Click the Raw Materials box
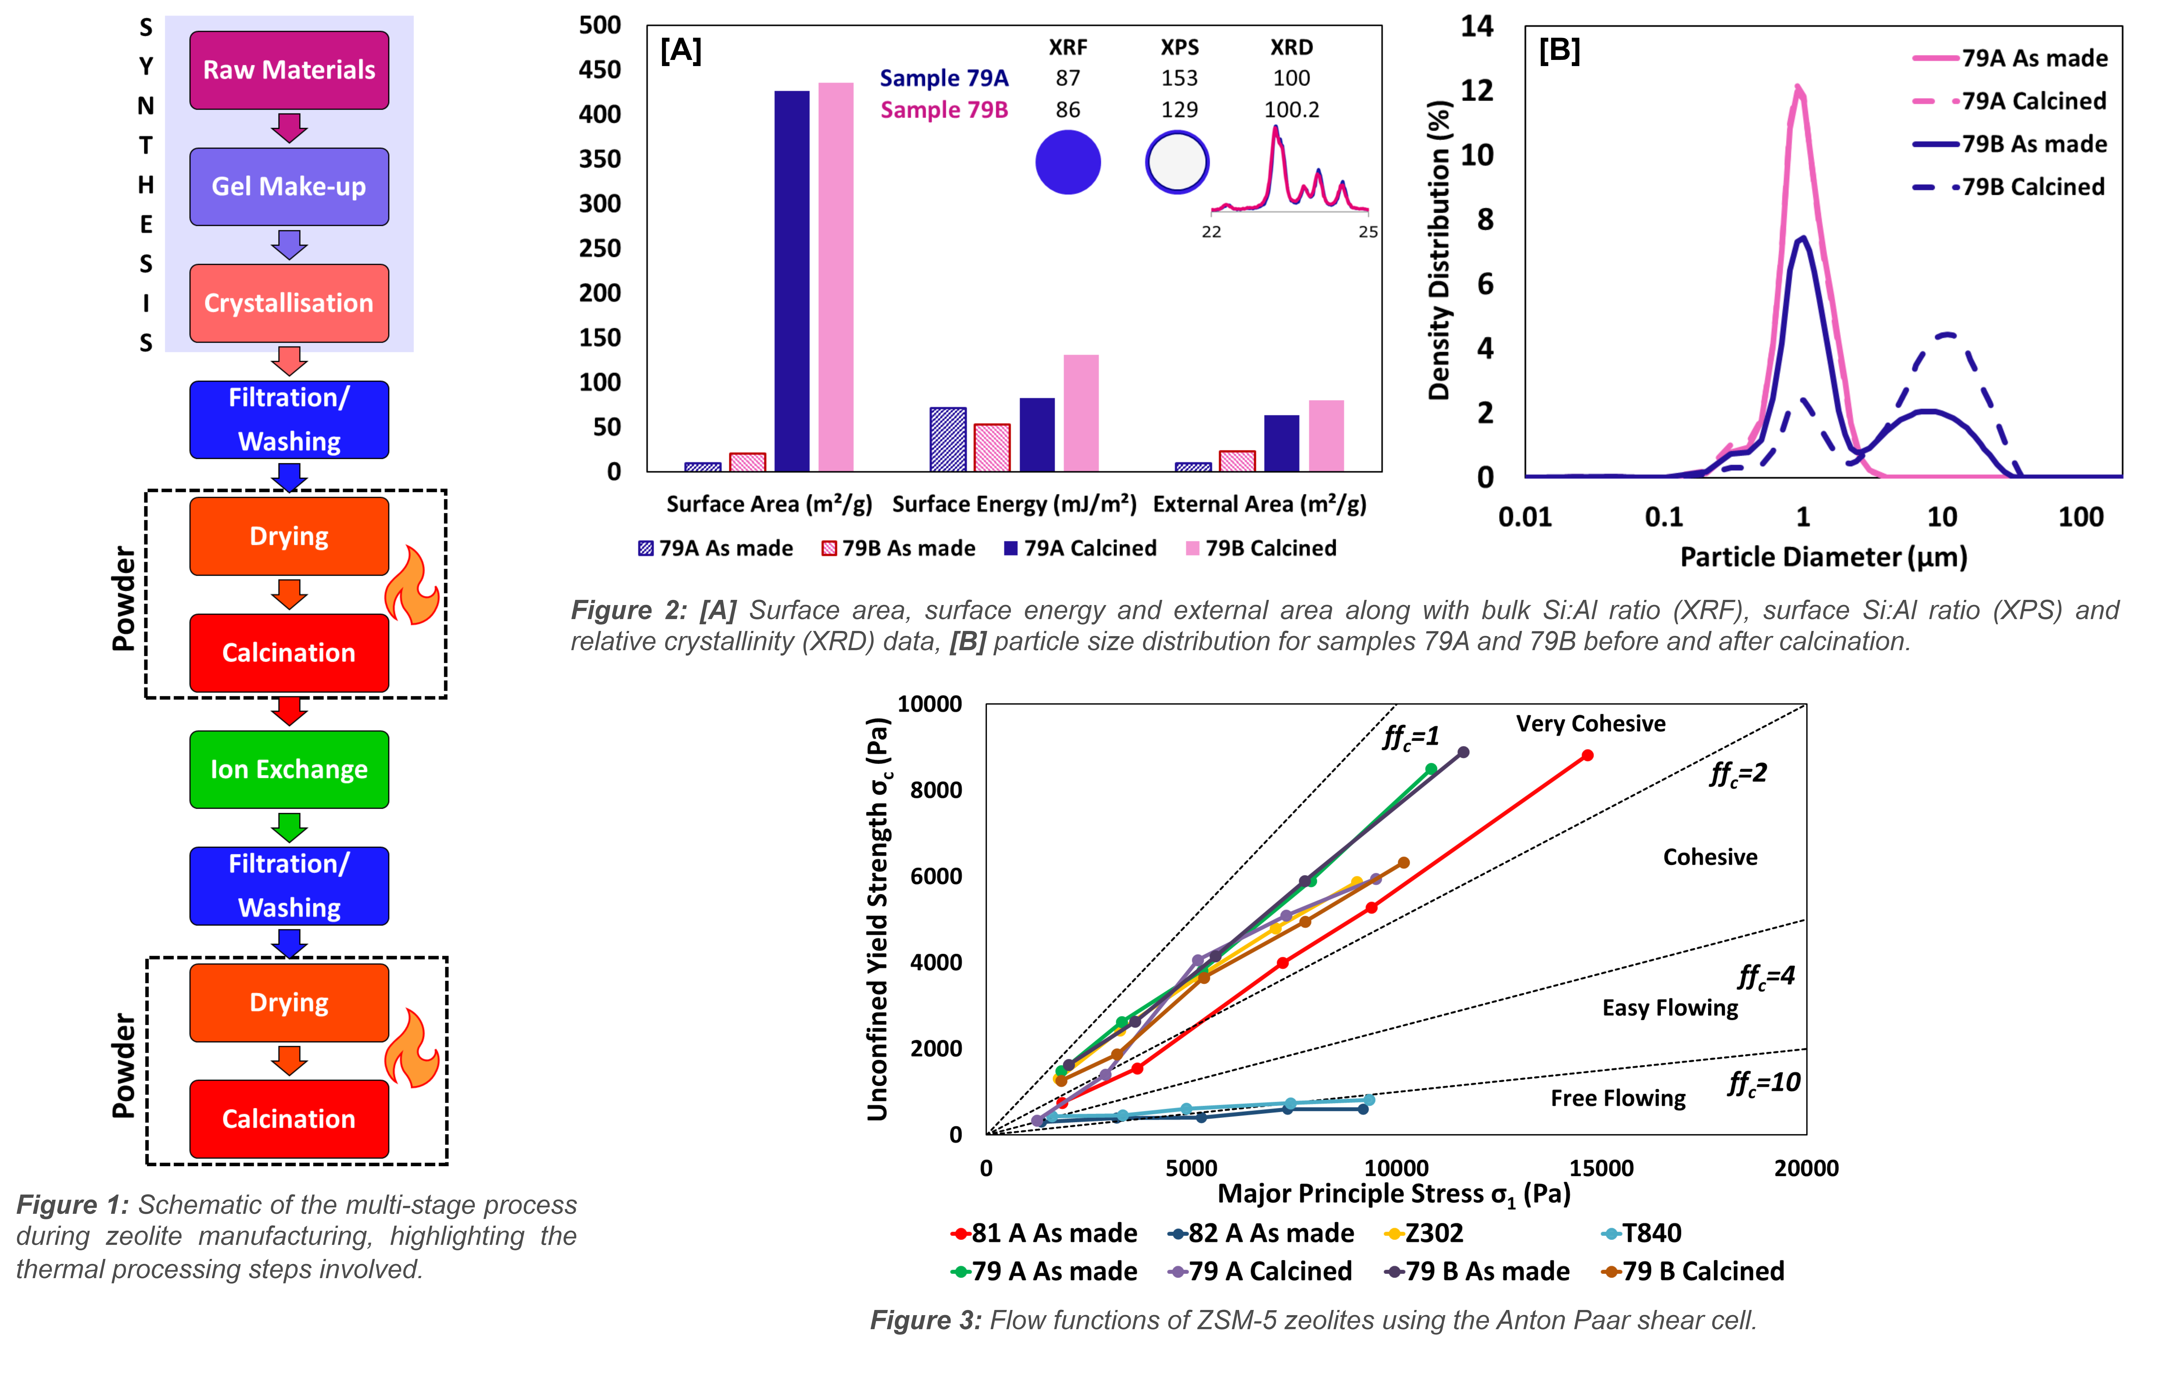tap(288, 70)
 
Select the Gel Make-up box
tap(288, 186)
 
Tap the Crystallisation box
tap(288, 303)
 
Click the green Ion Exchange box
tap(288, 769)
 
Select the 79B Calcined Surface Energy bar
tap(1080, 412)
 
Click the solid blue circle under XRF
tap(1068, 162)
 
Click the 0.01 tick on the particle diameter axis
tap(1525, 517)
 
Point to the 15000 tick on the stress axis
tap(1601, 1168)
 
